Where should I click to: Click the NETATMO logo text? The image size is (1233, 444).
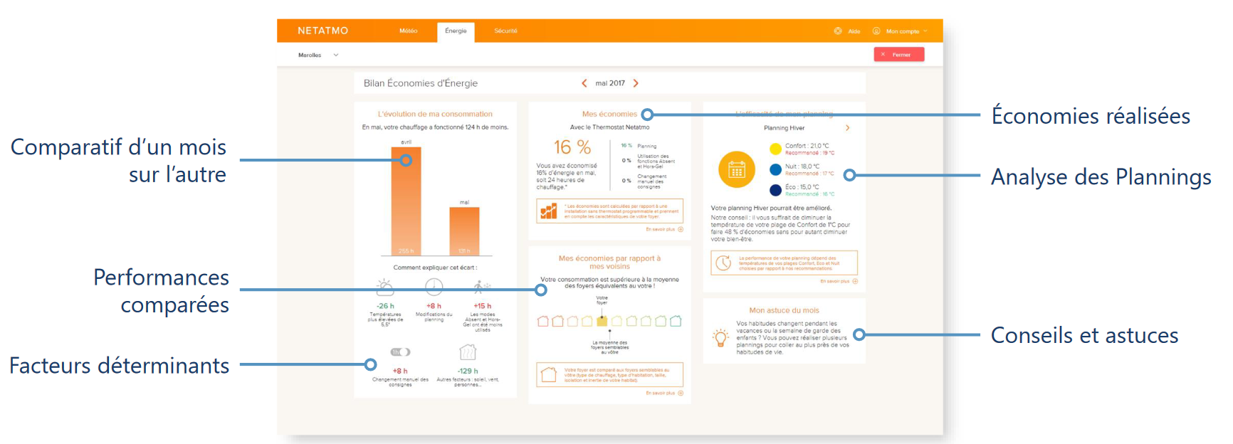322,31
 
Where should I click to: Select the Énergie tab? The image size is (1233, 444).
456,31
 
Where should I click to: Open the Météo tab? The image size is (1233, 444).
408,31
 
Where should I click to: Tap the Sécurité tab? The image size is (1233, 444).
505,31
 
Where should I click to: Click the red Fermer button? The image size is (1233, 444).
898,54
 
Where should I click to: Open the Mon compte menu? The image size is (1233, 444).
901,31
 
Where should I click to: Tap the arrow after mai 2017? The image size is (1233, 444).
636,83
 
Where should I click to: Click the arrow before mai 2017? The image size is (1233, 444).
584,83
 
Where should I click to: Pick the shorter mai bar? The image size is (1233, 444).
464,231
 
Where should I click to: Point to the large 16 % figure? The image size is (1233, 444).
572,147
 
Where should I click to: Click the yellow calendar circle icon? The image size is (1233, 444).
736,169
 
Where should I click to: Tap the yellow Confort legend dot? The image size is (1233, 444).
775,149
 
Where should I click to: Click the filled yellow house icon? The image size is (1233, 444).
602,321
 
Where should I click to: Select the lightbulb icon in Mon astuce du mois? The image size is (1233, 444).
720,338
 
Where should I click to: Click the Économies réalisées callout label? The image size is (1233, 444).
1091,116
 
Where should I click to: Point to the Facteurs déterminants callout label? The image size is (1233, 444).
119,366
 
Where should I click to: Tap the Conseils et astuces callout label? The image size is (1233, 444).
1084,335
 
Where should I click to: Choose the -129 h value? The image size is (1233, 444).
467,371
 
